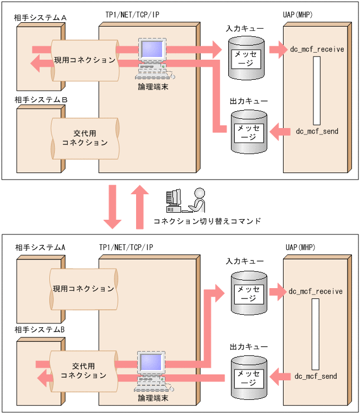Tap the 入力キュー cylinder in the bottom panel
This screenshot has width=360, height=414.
point(249,293)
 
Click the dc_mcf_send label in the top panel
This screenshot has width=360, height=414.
point(317,131)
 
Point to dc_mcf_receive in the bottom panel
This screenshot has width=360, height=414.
point(316,291)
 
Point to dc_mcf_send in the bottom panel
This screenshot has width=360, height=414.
point(316,376)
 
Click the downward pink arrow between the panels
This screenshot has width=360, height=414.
point(113,206)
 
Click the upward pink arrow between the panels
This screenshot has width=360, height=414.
point(140,206)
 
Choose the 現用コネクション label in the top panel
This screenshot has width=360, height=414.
point(84,60)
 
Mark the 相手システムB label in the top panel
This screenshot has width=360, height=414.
point(41,100)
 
